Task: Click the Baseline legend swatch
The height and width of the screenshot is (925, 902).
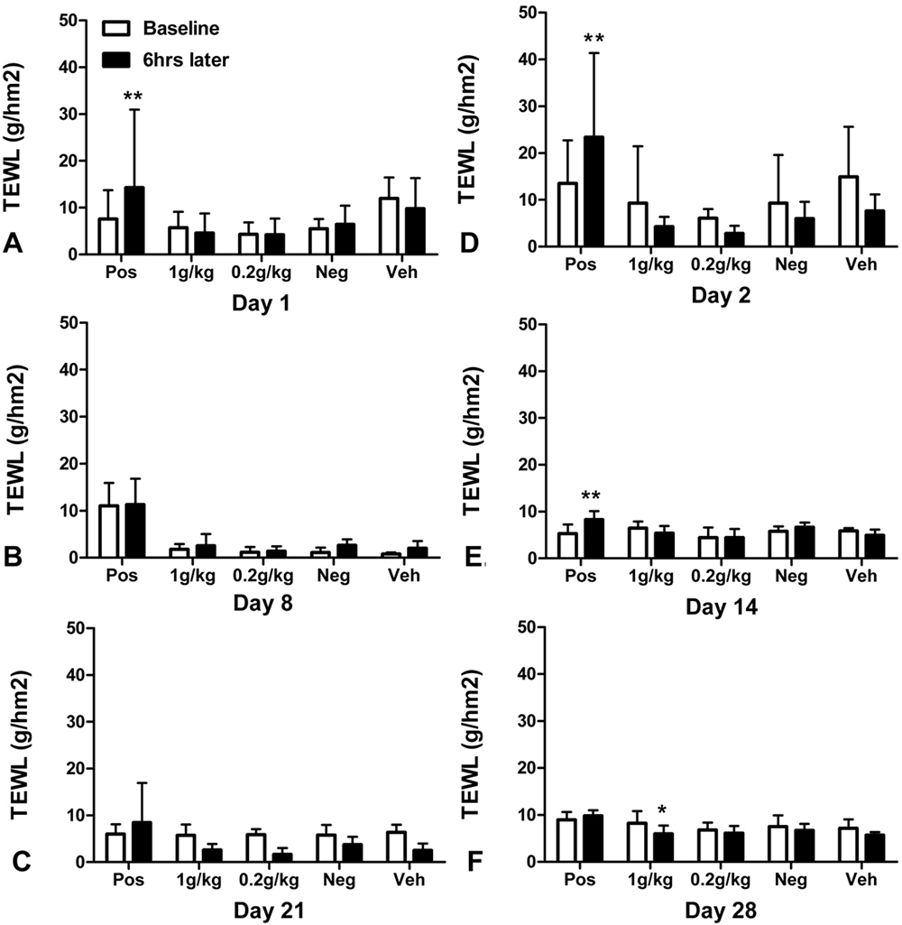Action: (x=116, y=28)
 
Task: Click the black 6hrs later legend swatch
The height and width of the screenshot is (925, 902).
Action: (x=116, y=60)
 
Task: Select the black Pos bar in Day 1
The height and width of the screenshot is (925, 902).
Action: (x=133, y=220)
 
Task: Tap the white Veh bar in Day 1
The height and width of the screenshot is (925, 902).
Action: (x=389, y=226)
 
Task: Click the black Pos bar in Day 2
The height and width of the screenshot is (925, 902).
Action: (x=594, y=191)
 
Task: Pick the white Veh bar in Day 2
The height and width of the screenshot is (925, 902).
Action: (x=849, y=211)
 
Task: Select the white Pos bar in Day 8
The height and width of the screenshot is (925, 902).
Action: (x=108, y=531)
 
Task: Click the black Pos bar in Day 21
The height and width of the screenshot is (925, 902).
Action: (x=142, y=842)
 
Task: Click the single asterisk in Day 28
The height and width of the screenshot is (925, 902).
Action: (x=662, y=809)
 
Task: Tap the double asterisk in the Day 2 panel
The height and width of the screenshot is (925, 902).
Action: (x=594, y=39)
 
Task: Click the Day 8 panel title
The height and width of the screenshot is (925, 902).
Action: (x=263, y=603)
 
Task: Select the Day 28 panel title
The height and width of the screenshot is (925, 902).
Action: (x=721, y=911)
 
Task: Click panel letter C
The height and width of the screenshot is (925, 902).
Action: (x=22, y=863)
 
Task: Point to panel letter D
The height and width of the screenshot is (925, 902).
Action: (x=469, y=243)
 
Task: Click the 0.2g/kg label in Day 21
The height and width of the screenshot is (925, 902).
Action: (x=269, y=881)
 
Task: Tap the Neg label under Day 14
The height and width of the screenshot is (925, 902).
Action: (x=791, y=576)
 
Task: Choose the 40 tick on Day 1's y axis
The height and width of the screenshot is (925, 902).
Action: (x=69, y=68)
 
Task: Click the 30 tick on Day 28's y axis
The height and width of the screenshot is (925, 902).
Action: (x=528, y=721)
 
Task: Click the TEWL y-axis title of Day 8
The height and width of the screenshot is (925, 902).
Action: (x=18, y=439)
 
